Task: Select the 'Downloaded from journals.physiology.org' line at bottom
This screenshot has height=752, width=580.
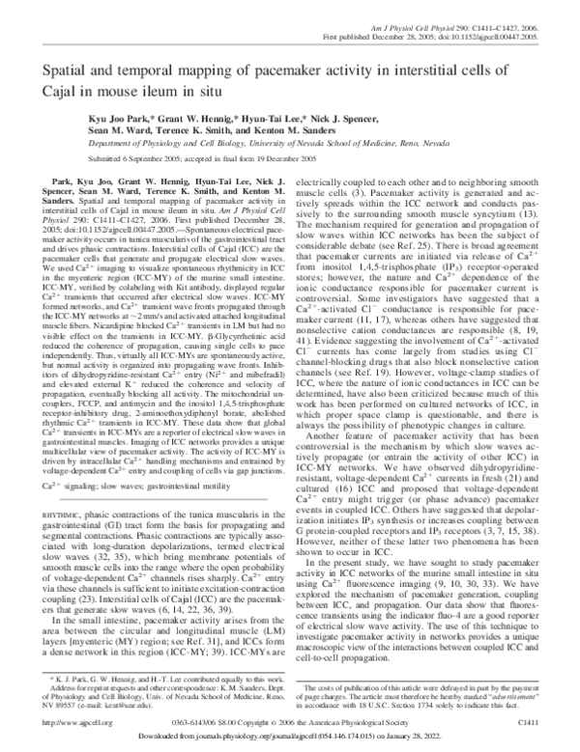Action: (290, 737)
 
